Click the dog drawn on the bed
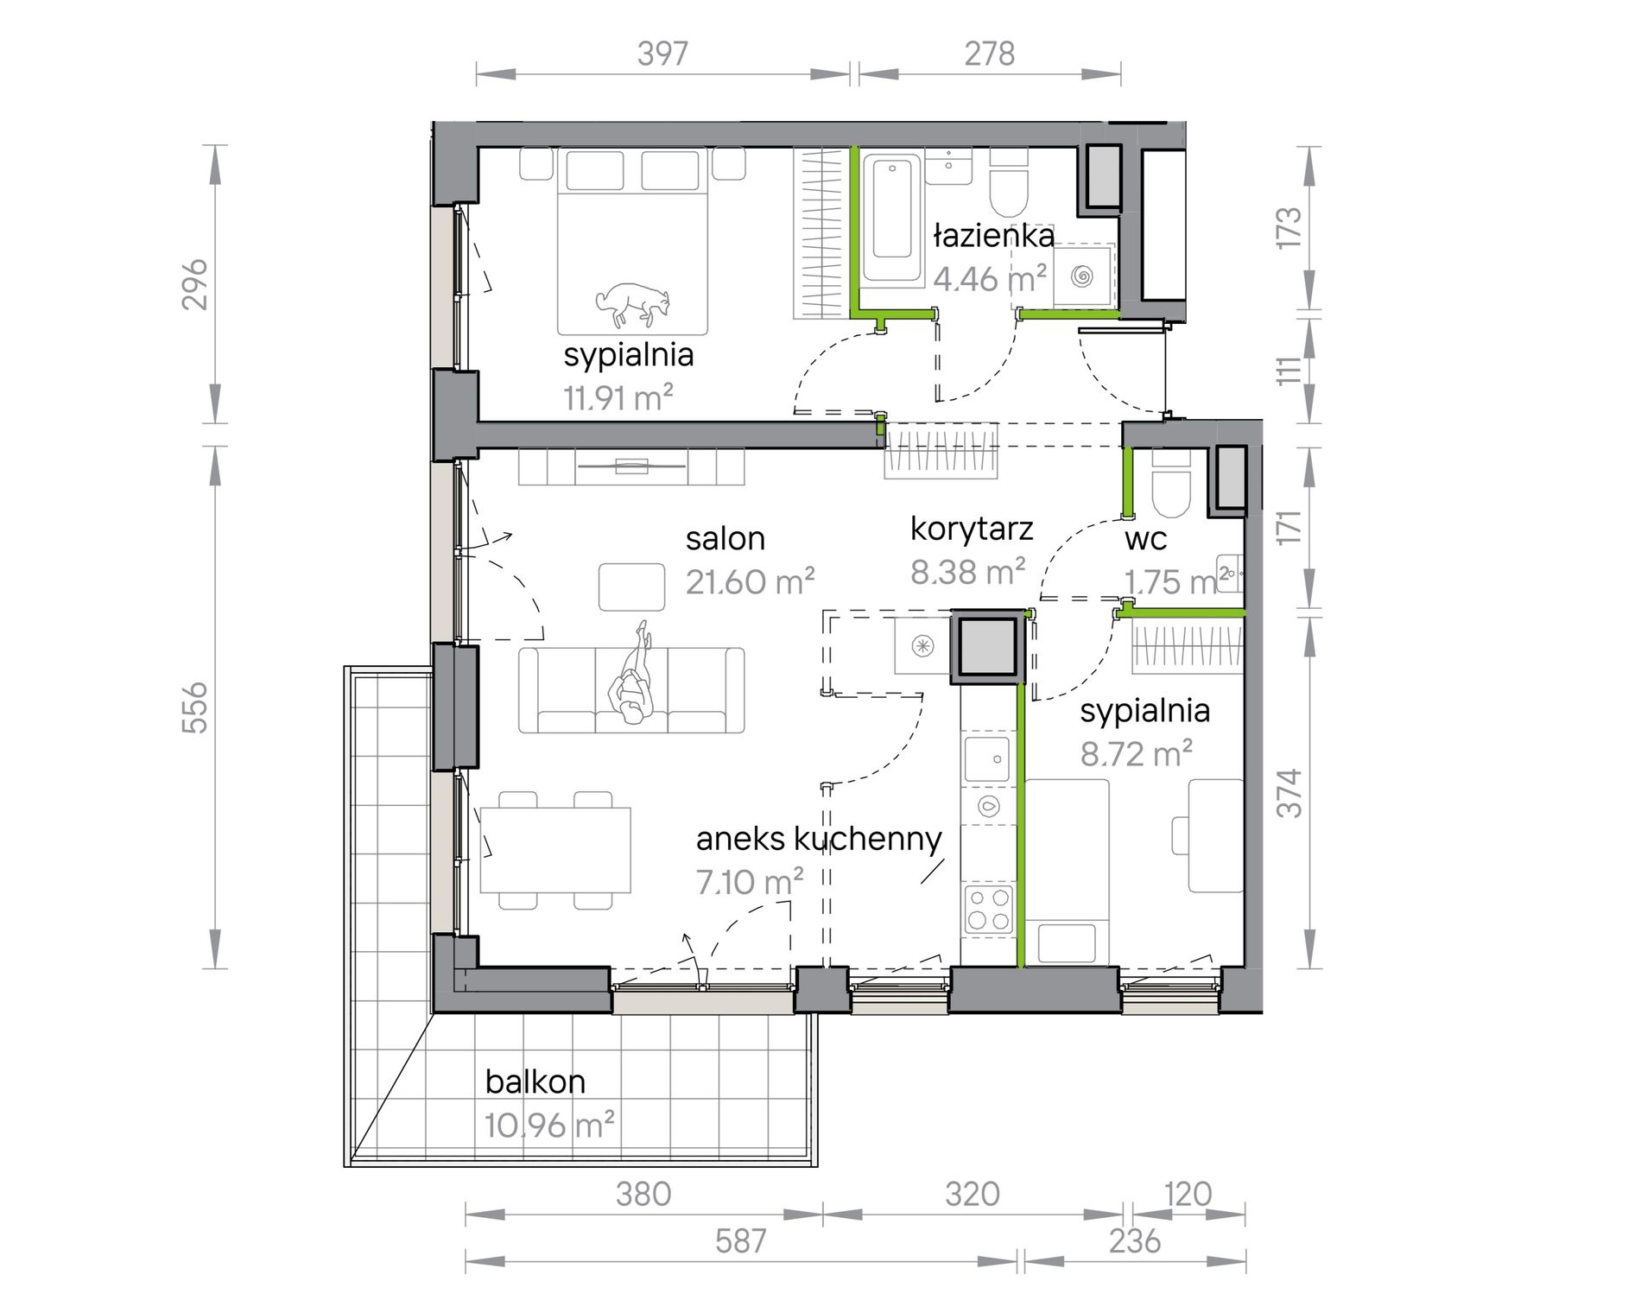click(x=633, y=305)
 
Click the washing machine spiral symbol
click(x=1081, y=276)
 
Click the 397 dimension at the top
click(x=662, y=54)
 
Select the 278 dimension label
click(x=990, y=54)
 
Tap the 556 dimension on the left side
click(x=196, y=707)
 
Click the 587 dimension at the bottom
click(x=740, y=1241)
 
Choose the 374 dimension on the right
click(x=1289, y=793)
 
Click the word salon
click(x=725, y=538)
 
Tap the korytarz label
click(x=972, y=529)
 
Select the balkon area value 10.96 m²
click(x=549, y=1126)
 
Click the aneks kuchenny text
click(x=819, y=839)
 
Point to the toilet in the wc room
click(x=1172, y=488)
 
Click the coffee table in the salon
click(x=632, y=587)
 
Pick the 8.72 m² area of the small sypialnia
click(x=1137, y=754)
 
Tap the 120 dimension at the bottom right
click(x=1188, y=1194)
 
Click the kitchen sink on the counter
click(x=987, y=758)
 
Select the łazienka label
click(x=993, y=236)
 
